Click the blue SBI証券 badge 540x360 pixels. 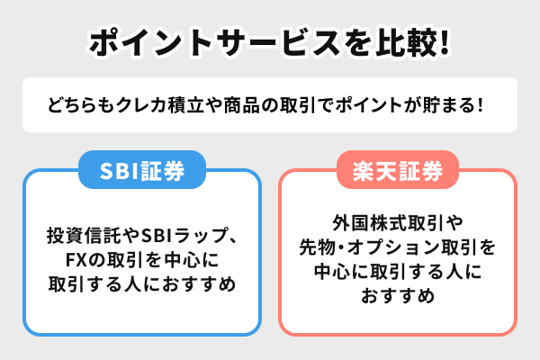pos(142,169)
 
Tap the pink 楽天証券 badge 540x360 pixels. pos(398,169)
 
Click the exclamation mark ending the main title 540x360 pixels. pos(445,42)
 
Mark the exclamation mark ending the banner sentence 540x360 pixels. pos(481,104)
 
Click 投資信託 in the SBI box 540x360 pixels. pos(75,236)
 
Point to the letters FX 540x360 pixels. pos(76,260)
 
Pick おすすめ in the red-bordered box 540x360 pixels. pos(398,296)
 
